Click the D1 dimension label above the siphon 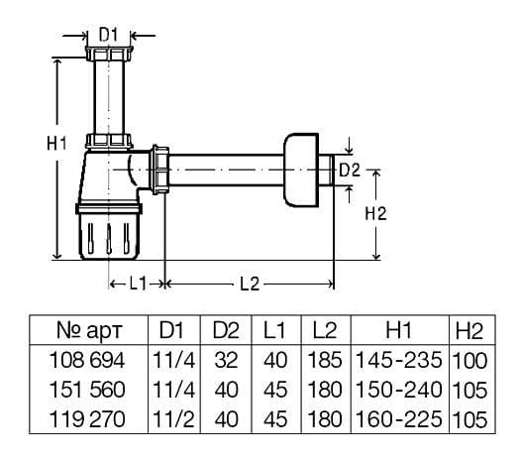point(109,34)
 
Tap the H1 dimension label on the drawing point(56,144)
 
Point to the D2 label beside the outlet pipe point(350,171)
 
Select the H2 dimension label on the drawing point(375,213)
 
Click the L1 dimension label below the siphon point(138,284)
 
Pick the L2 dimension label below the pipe point(250,285)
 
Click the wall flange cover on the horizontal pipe point(301,171)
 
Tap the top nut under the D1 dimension point(109,54)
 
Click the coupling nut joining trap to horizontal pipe point(160,170)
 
